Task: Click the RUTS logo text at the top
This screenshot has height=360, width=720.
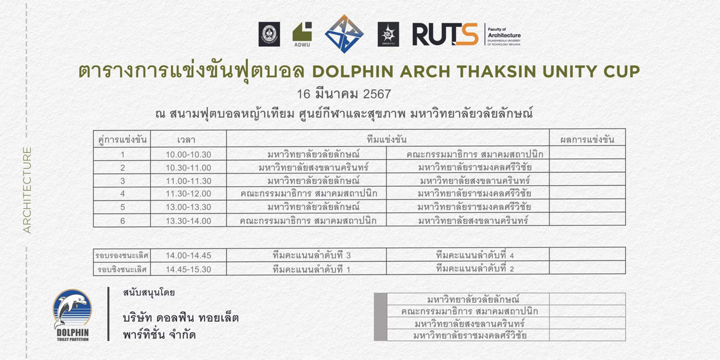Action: pos(445,34)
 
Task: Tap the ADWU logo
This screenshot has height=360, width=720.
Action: pos(302,34)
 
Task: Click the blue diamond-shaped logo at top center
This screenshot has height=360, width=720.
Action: pos(344,34)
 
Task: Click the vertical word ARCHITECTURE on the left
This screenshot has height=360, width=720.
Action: pos(27,190)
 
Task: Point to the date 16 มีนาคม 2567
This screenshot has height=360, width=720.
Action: pos(343,94)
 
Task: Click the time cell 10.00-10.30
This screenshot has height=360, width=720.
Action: pos(188,154)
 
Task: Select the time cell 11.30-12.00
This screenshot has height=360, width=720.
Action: pos(188,194)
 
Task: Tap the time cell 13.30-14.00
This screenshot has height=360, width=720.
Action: pos(188,220)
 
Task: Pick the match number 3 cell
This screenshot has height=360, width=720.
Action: pos(122,181)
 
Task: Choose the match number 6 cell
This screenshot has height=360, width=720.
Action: pos(122,220)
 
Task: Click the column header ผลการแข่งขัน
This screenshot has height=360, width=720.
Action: pos(587,140)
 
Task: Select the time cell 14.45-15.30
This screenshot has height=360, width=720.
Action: pos(188,270)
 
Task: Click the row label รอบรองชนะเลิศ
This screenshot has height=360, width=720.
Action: pos(121,255)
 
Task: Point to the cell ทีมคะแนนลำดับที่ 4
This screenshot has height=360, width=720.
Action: pos(474,255)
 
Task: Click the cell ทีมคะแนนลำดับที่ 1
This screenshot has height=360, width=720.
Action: pos(311,270)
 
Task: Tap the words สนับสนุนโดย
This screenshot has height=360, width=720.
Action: pos(149,292)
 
